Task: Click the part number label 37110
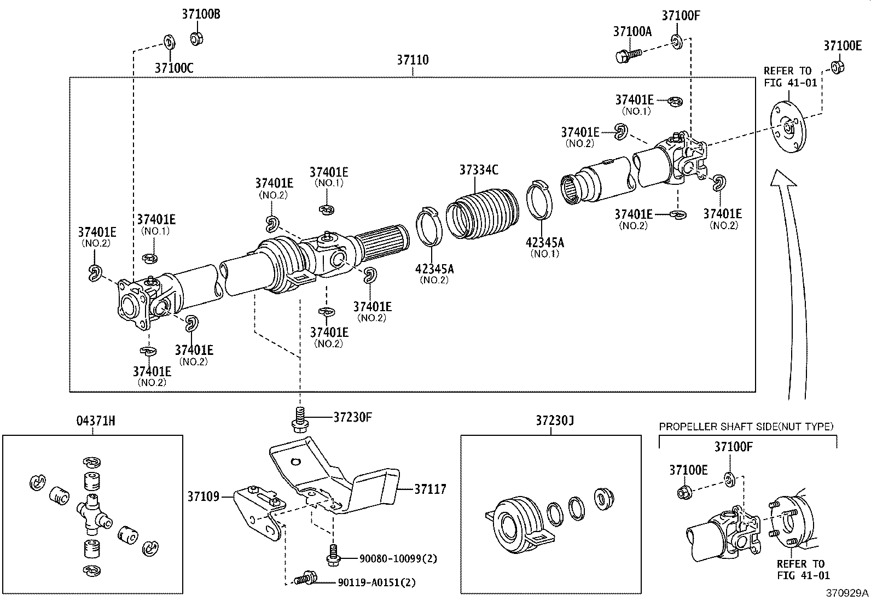413,60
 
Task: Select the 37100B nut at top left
196,38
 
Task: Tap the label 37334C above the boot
478,170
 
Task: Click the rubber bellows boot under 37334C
481,213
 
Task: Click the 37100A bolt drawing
628,55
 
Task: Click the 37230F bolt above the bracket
299,420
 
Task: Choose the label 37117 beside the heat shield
430,489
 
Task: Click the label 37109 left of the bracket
204,497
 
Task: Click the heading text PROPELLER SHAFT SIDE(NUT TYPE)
746,427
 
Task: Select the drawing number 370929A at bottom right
847,593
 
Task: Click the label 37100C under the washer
174,68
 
